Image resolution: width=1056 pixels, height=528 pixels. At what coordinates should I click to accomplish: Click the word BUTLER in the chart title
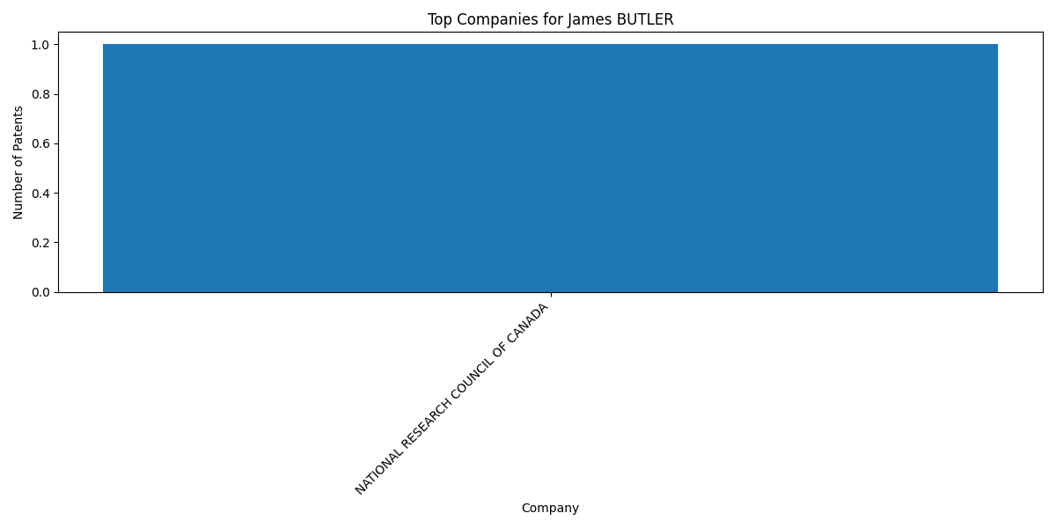point(645,19)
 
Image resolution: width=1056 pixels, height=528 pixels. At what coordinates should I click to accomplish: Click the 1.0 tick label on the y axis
point(40,45)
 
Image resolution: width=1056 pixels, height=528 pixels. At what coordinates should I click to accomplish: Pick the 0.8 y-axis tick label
point(40,94)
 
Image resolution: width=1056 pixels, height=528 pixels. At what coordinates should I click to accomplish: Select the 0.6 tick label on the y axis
point(40,143)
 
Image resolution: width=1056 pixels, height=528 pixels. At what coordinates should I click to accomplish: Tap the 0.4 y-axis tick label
point(40,194)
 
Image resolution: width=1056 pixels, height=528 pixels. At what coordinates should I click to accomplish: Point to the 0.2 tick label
point(40,243)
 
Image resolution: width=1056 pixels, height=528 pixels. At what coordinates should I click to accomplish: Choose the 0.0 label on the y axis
point(40,293)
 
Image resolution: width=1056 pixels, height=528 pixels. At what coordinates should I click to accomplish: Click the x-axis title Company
point(550,509)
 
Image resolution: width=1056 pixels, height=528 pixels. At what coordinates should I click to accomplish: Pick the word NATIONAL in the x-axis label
point(379,471)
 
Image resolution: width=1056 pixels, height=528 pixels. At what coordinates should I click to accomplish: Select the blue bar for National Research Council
point(550,168)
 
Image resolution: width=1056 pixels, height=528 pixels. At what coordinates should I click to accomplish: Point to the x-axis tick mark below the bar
point(551,295)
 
